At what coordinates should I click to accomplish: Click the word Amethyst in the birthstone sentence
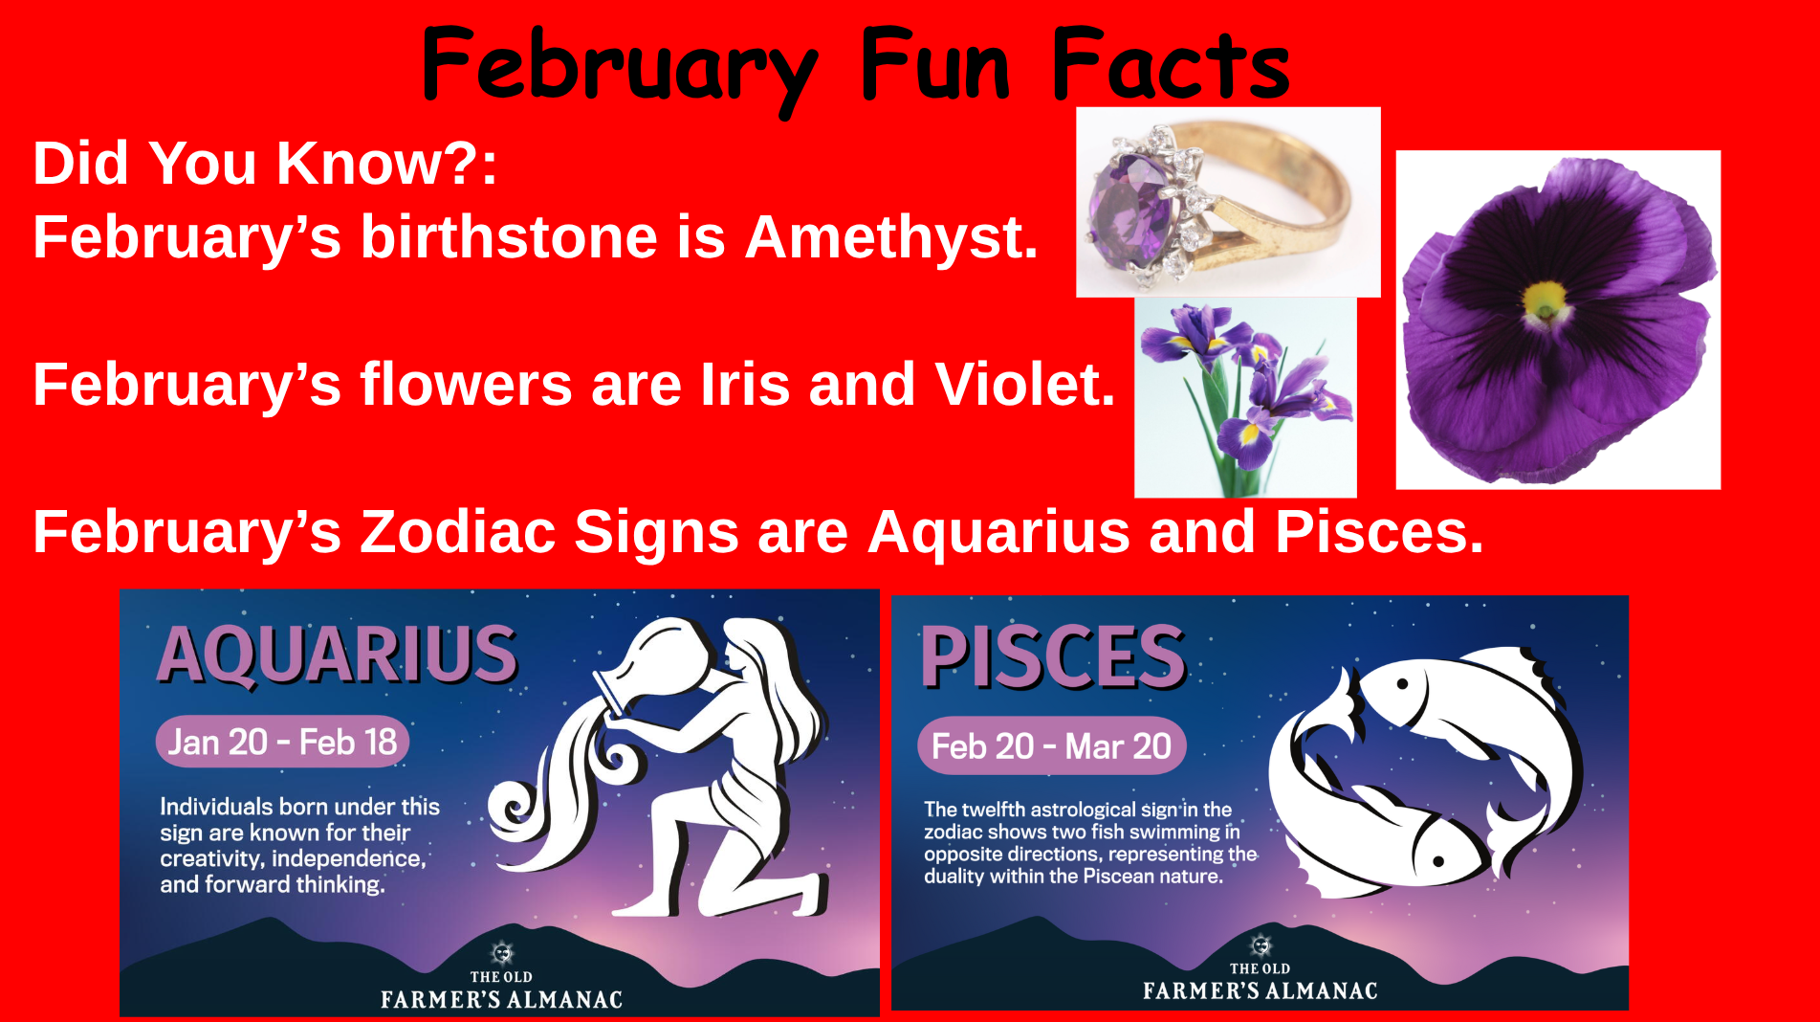[890, 237]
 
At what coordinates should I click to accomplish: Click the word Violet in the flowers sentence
[1024, 385]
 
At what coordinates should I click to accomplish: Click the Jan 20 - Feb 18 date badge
[282, 742]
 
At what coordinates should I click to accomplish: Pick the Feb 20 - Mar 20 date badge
[1051, 745]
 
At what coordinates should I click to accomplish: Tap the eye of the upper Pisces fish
[1402, 683]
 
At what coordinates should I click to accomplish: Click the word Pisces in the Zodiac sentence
[1379, 532]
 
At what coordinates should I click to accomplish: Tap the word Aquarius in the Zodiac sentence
[998, 532]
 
